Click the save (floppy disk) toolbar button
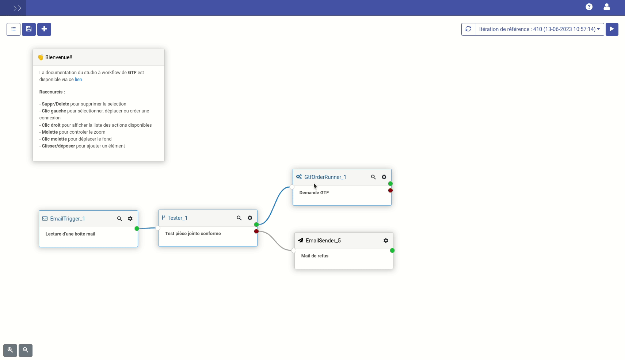pos(29,29)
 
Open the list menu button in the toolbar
pos(14,29)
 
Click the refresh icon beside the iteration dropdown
pos(468,29)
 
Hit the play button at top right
pos(612,29)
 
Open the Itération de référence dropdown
pos(540,29)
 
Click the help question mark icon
pos(589,7)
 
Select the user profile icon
pos(607,7)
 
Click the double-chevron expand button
pos(17,8)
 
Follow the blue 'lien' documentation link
pos(79,80)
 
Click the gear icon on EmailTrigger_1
pos(130,219)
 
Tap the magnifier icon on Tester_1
pos(239,218)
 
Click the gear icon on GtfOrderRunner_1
pos(384,177)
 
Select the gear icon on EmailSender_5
pos(386,240)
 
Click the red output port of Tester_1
pos(256,231)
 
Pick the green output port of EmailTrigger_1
pos(137,229)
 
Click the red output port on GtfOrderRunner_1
pos(390,191)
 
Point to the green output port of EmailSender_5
pos(392,250)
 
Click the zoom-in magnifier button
pos(10,350)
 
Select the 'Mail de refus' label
pos(315,256)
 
